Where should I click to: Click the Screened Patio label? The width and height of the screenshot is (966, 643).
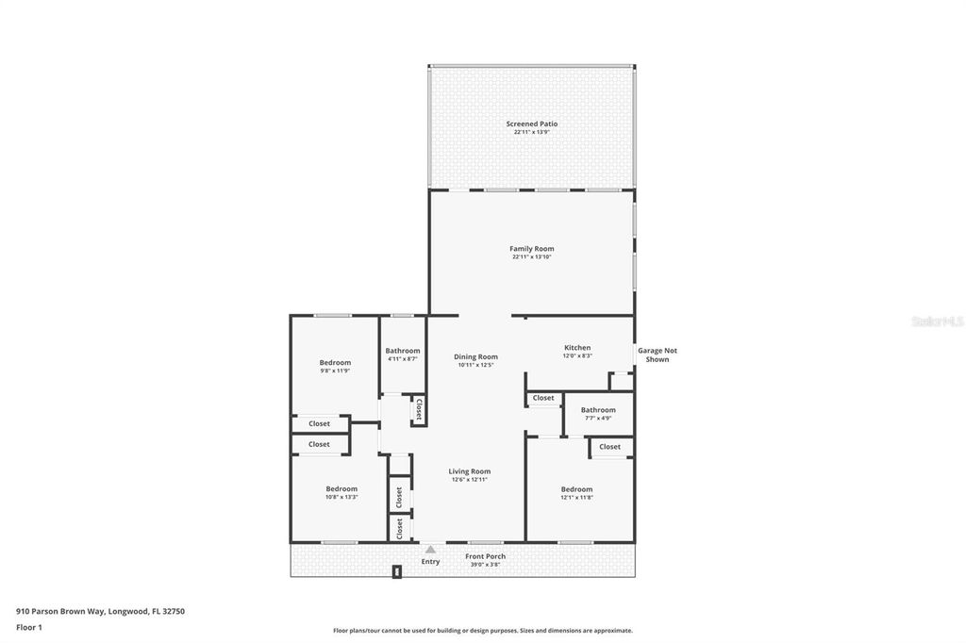point(531,124)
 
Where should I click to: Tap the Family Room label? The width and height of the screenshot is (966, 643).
point(531,249)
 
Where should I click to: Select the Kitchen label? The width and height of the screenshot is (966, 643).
point(577,348)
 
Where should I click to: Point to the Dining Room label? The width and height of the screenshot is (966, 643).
point(475,356)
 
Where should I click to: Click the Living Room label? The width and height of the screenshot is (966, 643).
point(469,471)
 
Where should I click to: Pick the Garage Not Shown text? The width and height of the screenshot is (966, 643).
point(658,354)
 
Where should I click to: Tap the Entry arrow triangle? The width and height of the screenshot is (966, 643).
point(430,549)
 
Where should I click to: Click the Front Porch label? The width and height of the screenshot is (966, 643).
point(486,556)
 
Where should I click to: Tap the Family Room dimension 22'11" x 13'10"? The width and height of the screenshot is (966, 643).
point(531,257)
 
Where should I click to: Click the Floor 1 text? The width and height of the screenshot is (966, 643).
point(29,627)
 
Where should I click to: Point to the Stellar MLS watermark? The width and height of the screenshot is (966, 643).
point(937,321)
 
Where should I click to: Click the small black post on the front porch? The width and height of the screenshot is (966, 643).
point(397,571)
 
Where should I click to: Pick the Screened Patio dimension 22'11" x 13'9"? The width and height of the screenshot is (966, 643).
point(531,132)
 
